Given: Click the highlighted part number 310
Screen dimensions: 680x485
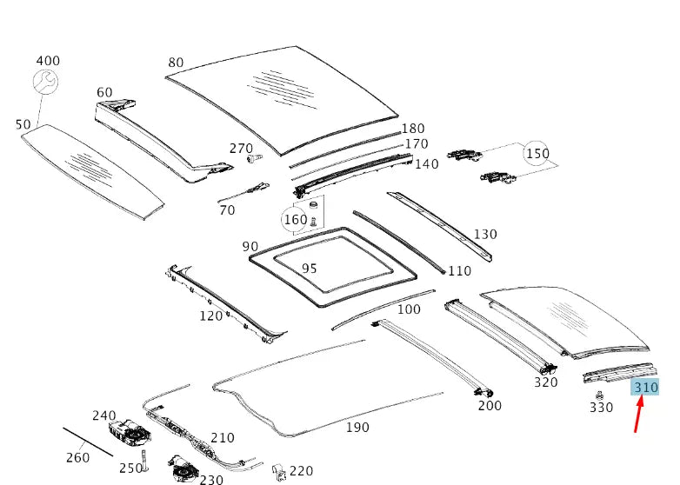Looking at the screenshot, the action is (644, 387).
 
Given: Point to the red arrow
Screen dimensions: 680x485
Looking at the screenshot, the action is (638, 415).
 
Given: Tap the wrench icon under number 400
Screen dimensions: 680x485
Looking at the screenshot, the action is (45, 82).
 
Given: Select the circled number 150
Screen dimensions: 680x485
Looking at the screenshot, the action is (537, 154).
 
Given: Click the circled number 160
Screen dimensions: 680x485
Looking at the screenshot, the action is (295, 220).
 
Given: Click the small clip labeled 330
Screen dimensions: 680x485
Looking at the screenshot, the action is (600, 395).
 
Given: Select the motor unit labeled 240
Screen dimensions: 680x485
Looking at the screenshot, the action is (130, 431).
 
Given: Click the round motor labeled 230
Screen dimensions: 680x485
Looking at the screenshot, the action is (182, 468).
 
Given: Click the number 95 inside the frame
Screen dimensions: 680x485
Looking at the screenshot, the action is (309, 269).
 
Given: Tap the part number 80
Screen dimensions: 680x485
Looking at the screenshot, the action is (176, 63).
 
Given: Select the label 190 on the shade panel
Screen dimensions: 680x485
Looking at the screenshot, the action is (357, 428).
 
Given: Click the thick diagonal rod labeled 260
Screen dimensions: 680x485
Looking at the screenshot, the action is (88, 442).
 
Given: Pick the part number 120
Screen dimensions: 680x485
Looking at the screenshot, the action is (210, 316).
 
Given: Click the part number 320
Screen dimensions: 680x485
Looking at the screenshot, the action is (545, 382).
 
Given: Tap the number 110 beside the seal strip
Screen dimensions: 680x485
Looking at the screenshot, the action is (459, 271).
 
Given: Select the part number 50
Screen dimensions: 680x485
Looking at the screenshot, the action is (23, 125).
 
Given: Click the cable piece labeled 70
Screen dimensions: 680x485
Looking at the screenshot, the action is (243, 193).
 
